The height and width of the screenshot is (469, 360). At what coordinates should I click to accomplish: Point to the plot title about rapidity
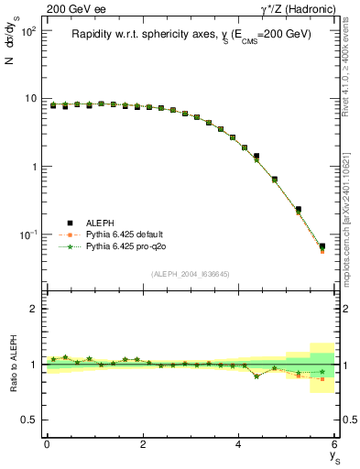pos(191,34)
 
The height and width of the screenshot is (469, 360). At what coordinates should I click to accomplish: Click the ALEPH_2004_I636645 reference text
pos(191,274)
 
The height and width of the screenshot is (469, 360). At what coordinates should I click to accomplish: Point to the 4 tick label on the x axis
pos(239,444)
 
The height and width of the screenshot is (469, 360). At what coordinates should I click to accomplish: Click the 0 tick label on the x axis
pos(47,444)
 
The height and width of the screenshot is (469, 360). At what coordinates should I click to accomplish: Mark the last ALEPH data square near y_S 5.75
pos(322,246)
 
